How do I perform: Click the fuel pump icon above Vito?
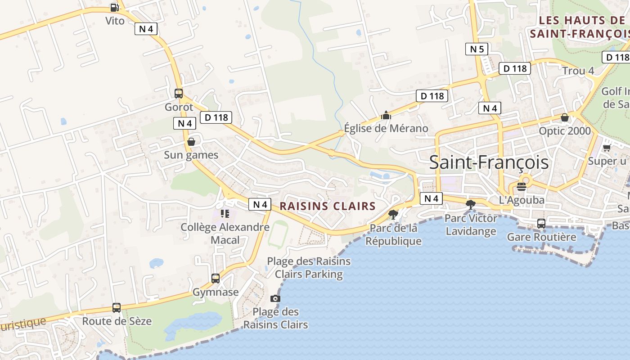114,8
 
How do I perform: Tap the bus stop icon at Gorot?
179,94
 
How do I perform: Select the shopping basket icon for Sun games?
191,142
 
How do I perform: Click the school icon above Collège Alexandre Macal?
225,213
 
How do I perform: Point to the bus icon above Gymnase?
216,279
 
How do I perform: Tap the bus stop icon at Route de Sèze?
117,308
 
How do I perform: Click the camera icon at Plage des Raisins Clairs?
275,298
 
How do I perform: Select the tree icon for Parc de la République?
393,214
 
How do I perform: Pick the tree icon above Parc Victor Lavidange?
471,205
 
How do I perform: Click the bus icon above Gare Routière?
541,223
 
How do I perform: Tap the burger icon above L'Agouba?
522,186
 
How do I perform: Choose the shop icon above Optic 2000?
565,117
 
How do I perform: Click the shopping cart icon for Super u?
607,148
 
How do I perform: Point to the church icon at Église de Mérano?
386,115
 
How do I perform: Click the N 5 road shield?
477,49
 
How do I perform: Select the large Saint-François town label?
489,162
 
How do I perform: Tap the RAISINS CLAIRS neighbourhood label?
328,206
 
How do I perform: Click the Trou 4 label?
578,71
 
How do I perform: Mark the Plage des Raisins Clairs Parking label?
309,267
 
